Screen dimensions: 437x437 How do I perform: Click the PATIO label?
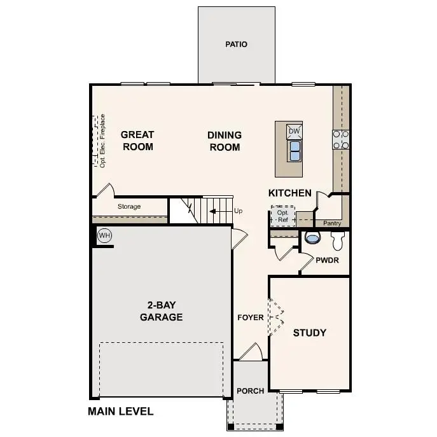[x=236, y=45]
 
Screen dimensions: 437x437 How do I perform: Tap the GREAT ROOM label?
[x=137, y=141]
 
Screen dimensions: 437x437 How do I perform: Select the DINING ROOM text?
[x=225, y=141]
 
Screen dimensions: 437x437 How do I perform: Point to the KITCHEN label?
[x=290, y=193]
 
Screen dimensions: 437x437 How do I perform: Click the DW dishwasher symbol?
[x=294, y=131]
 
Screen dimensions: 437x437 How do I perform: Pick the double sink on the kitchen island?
[x=295, y=150]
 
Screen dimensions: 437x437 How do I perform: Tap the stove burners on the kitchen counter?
[x=341, y=139]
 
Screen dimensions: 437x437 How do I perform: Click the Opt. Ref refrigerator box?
[x=283, y=216]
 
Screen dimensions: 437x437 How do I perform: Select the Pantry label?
[x=332, y=223]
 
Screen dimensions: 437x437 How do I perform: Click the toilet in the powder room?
[x=312, y=238]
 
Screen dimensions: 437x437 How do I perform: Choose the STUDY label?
[x=310, y=333]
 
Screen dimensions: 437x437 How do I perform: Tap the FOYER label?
[x=251, y=317]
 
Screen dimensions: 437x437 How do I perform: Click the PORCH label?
[x=250, y=391]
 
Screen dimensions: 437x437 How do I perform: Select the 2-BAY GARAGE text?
[x=162, y=311]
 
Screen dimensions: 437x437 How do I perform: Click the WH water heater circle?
[x=104, y=236]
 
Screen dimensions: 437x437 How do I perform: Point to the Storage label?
[x=129, y=207]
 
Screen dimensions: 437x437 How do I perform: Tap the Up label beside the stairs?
[x=239, y=211]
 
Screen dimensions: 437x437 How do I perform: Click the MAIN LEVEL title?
[x=120, y=411]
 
